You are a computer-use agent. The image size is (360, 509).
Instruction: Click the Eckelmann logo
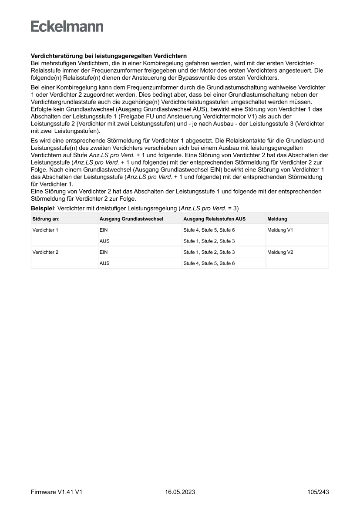(67, 27)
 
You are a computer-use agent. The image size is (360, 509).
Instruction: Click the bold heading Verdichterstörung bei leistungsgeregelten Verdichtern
(109, 56)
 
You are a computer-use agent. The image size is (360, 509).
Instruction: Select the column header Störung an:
(46, 219)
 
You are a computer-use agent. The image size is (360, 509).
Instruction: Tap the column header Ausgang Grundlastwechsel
(131, 219)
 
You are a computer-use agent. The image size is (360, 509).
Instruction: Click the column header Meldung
(277, 219)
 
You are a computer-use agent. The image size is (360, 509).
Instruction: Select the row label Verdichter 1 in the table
(45, 230)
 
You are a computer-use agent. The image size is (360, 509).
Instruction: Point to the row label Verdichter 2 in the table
(45, 252)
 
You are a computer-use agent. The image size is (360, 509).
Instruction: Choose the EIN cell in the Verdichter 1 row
(104, 230)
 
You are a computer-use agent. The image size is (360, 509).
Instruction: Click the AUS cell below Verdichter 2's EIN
(104, 263)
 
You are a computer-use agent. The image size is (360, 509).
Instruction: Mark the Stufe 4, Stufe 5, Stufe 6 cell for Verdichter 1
(209, 230)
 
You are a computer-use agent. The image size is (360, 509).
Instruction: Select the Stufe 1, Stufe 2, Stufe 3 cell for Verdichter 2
(209, 252)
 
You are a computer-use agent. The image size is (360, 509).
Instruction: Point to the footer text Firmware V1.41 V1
(57, 492)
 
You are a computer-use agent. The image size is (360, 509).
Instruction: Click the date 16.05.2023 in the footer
(180, 492)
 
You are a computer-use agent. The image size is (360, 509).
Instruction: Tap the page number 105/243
(317, 492)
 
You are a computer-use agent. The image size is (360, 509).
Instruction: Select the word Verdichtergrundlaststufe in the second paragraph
(64, 101)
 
